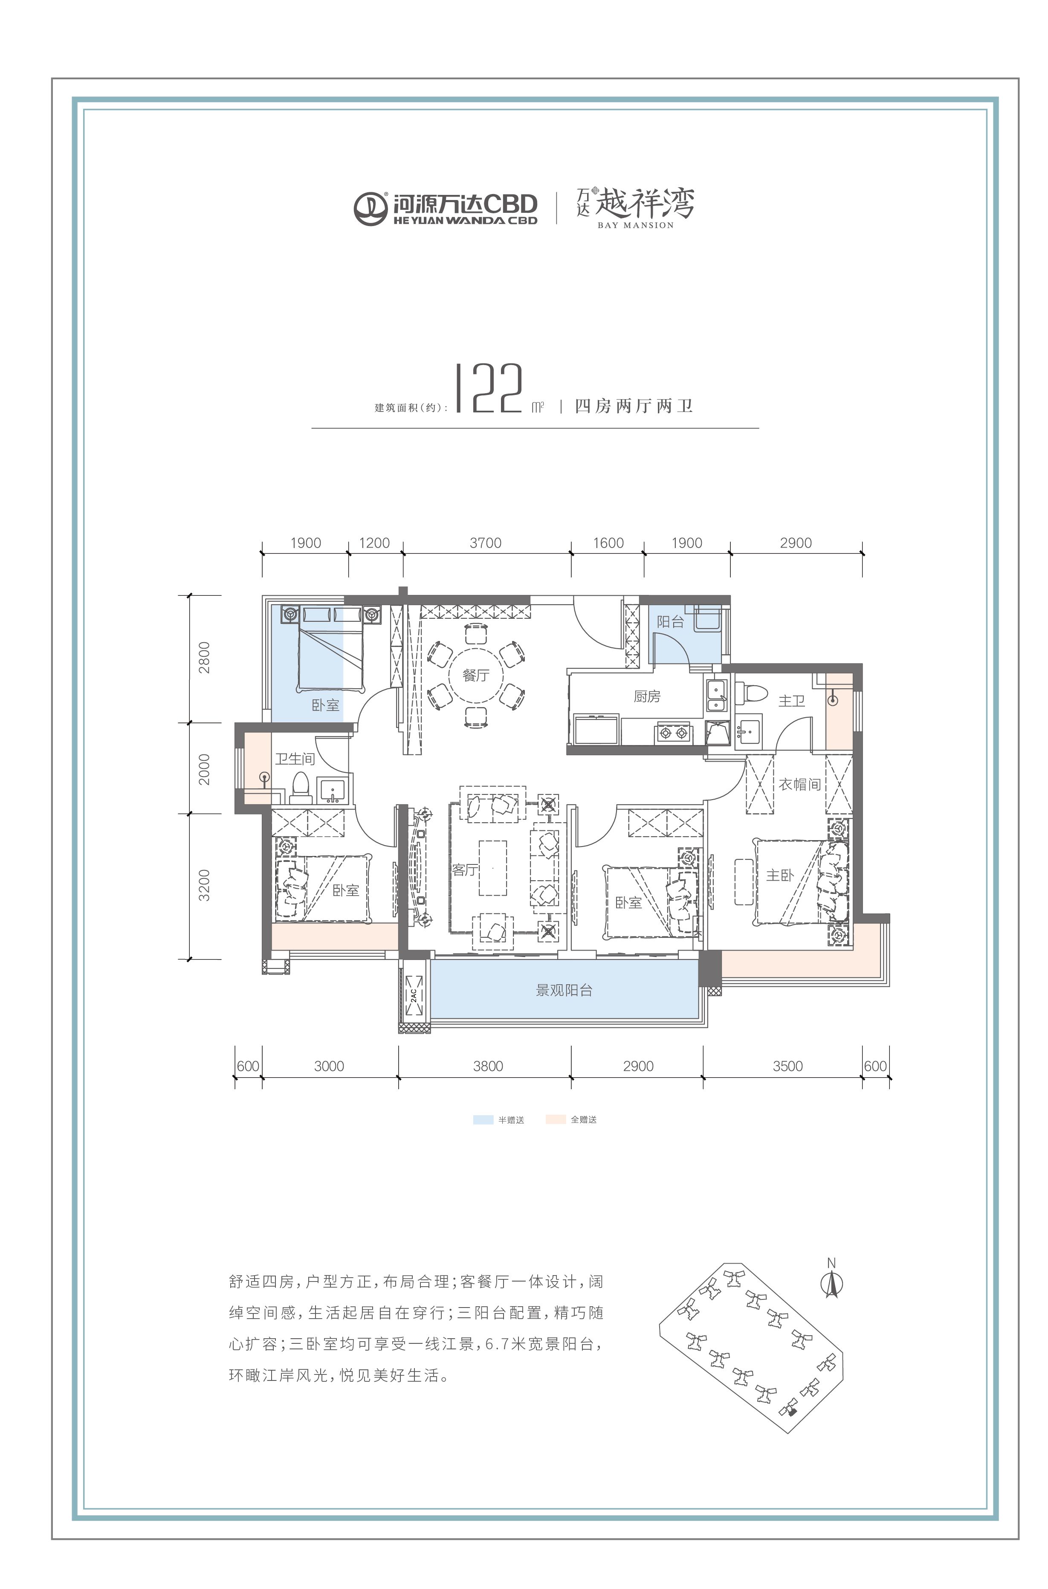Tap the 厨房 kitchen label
[647, 696]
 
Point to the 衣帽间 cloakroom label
[799, 784]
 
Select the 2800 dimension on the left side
[204, 657]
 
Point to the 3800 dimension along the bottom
[488, 1066]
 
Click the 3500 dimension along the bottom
[787, 1066]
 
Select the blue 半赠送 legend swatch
[483, 1120]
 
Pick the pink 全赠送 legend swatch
[556, 1120]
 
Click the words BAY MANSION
[636, 225]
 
